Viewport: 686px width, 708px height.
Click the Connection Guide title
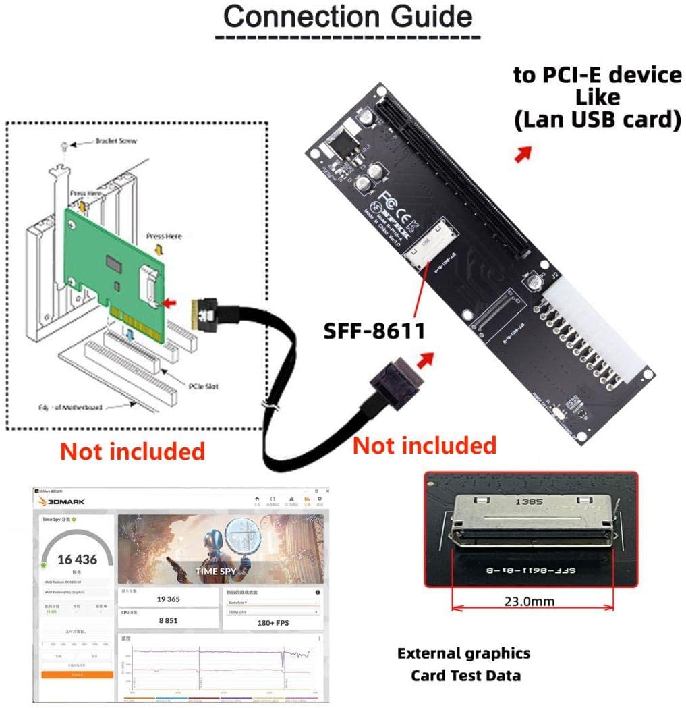point(348,16)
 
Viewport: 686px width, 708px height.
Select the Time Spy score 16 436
point(77,560)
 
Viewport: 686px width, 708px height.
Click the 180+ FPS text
point(273,622)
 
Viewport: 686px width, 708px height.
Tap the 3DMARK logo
point(65,501)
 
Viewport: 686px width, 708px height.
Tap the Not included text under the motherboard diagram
point(132,450)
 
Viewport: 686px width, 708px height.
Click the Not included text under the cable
point(424,445)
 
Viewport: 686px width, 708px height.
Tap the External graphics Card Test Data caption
point(464,664)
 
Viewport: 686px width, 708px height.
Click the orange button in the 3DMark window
point(77,674)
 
